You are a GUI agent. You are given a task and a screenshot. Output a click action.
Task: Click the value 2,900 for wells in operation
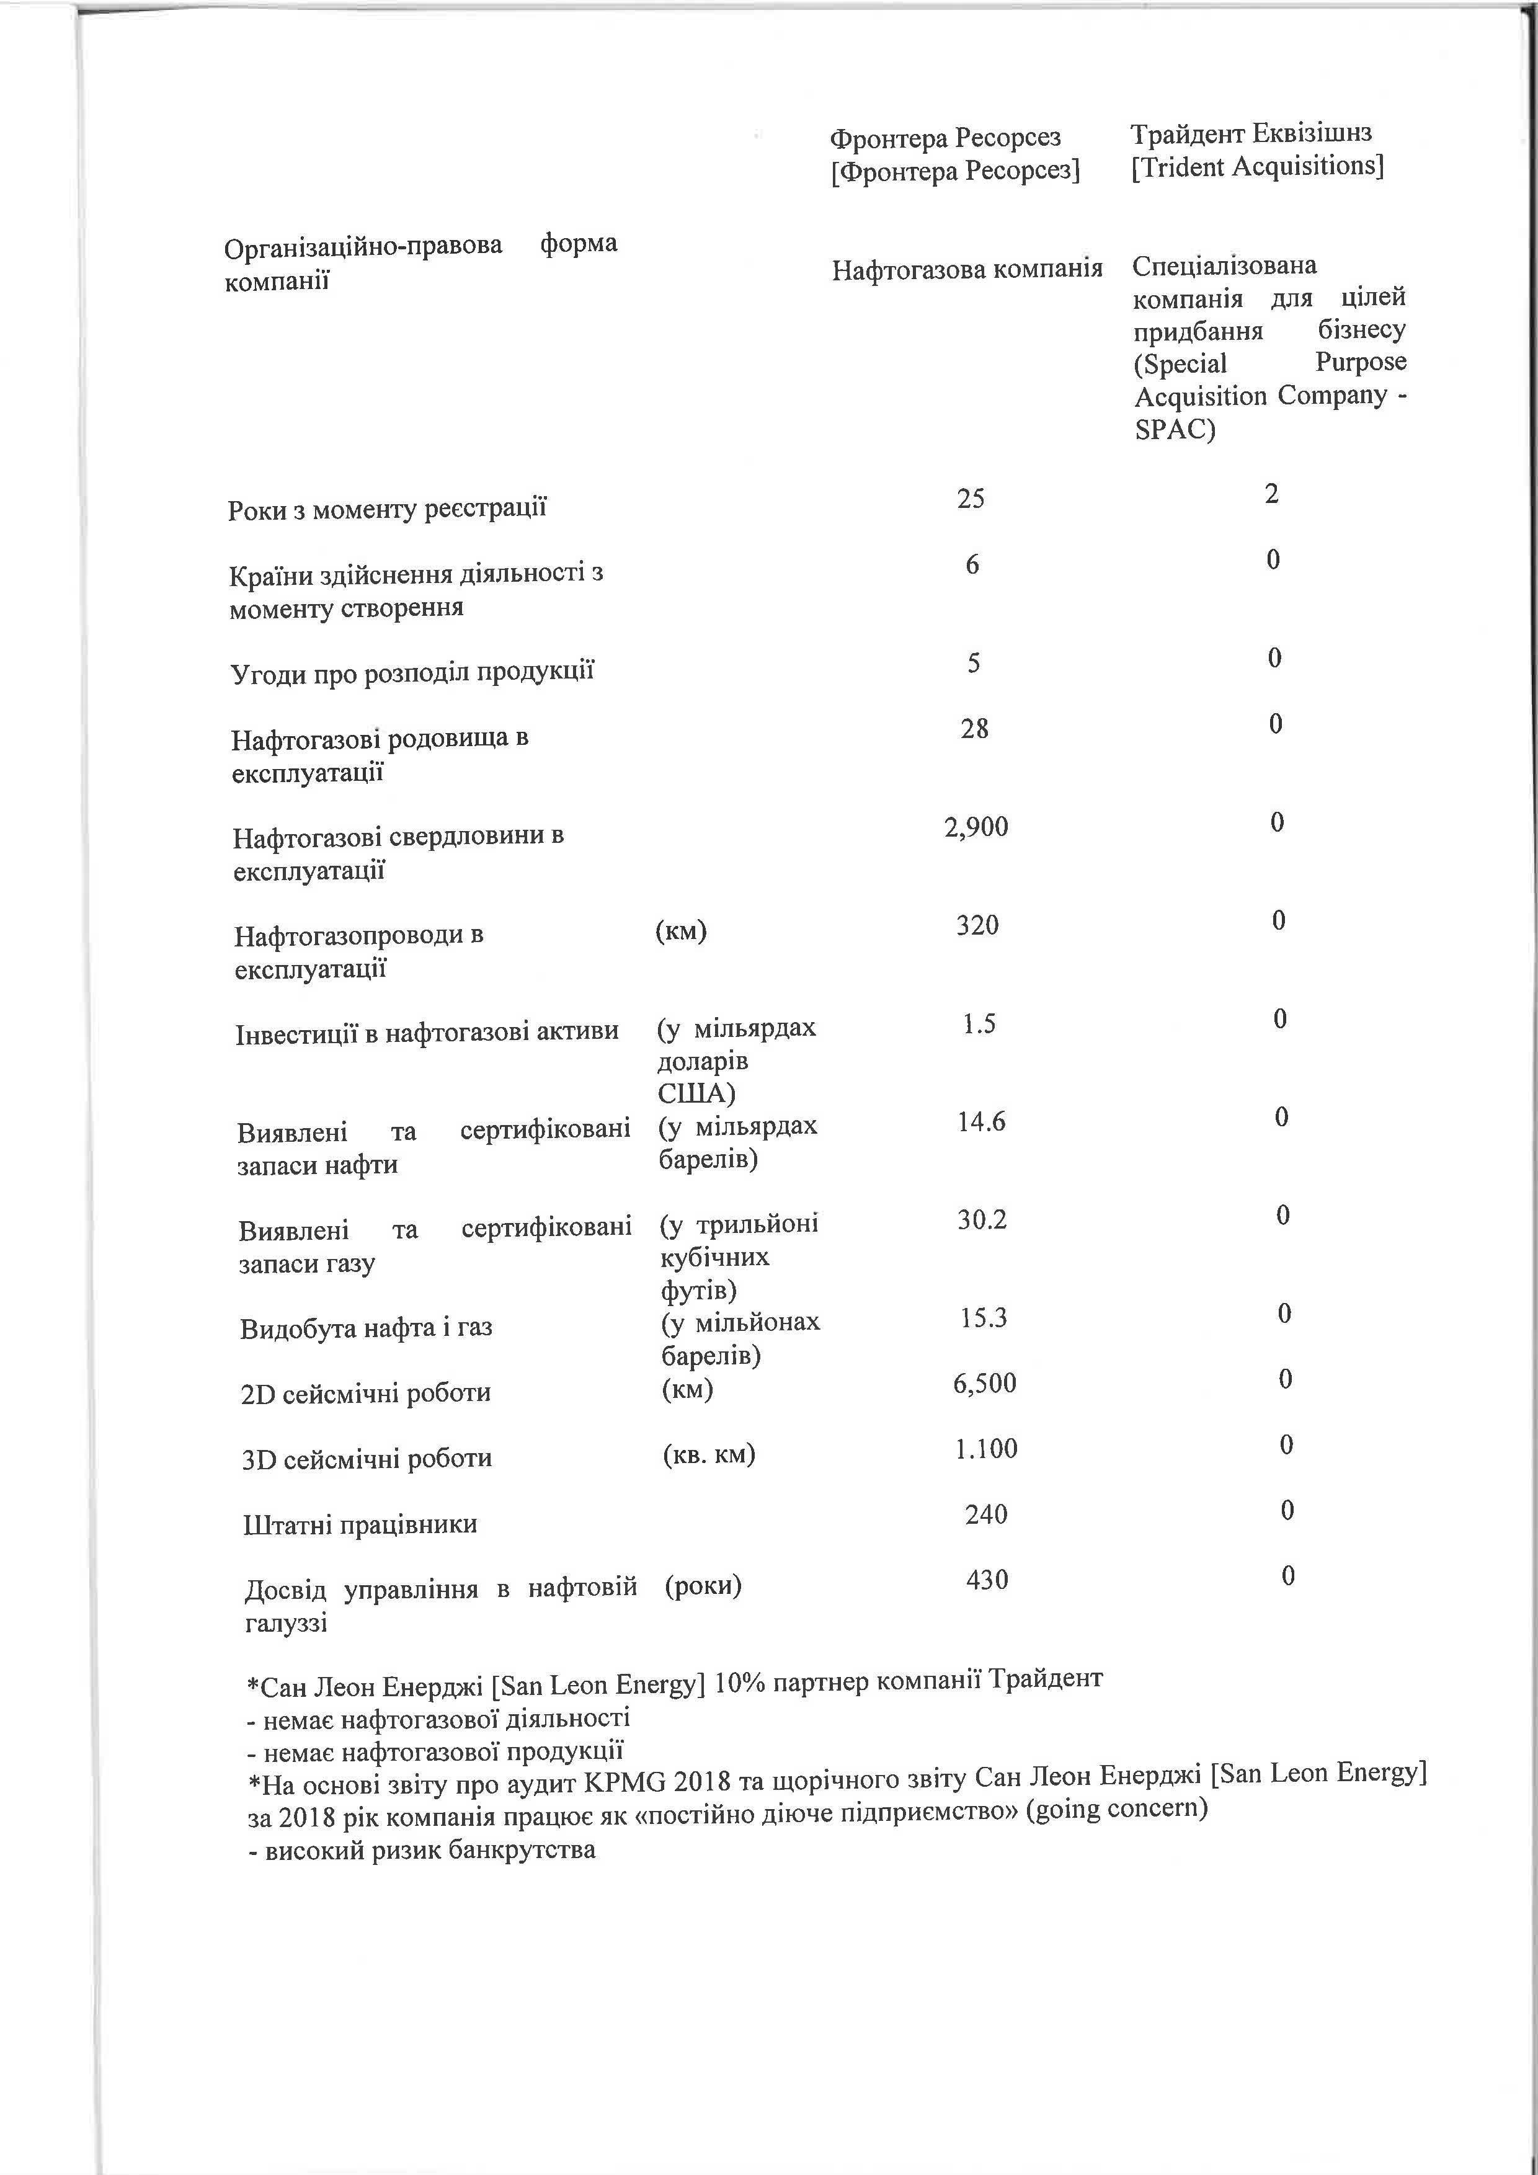[976, 827]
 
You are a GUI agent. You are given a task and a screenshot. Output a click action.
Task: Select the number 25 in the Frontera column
[970, 498]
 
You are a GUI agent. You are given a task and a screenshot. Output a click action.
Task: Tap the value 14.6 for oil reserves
[980, 1123]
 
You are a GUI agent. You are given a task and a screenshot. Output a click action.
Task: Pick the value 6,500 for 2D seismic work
[984, 1383]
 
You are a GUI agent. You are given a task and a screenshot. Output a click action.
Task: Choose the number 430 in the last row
[986, 1579]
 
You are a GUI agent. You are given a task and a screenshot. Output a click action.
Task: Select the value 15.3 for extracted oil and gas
[983, 1318]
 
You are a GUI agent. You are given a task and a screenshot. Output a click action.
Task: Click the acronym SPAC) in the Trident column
[1175, 430]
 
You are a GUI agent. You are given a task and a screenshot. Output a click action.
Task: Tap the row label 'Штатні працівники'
[360, 1525]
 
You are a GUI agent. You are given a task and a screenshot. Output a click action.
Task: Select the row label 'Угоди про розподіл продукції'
[412, 672]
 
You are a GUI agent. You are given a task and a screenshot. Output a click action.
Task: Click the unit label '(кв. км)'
[708, 1454]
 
